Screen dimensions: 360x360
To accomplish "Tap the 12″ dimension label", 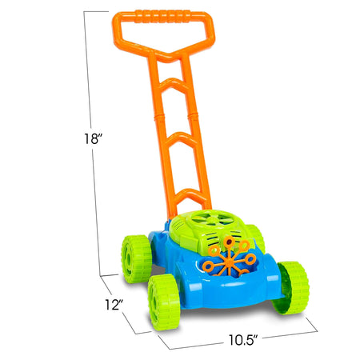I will [115, 304].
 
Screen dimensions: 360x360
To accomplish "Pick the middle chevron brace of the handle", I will [184, 137].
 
